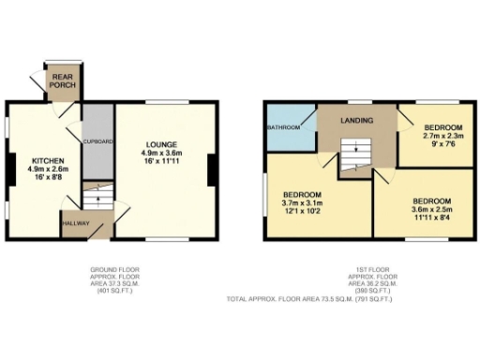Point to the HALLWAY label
point(75,224)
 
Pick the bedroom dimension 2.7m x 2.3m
point(442,136)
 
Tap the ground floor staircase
point(93,196)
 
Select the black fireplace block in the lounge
point(212,170)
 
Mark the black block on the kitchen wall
point(9,170)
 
